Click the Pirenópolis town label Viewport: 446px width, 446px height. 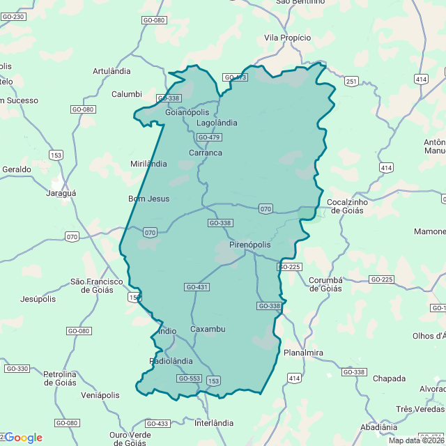tap(249, 245)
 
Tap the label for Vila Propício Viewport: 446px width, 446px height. tap(287, 38)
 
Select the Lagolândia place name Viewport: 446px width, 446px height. tap(217, 123)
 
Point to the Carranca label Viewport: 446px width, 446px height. tap(206, 153)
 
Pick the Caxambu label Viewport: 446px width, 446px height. tap(208, 329)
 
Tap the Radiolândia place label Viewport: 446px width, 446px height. tap(171, 361)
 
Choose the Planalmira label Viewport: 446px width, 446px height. tap(303, 353)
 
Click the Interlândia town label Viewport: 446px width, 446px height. tap(214, 423)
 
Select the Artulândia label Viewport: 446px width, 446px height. tap(111, 71)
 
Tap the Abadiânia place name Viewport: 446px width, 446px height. tap(378, 426)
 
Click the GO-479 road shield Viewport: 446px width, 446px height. tap(209, 137)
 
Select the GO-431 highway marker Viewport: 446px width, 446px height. tap(197, 287)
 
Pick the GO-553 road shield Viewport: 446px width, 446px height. tap(189, 378)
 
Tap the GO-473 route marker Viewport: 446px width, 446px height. tap(235, 77)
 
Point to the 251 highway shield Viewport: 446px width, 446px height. tap(351, 82)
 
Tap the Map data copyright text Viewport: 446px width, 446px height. tap(415, 440)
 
